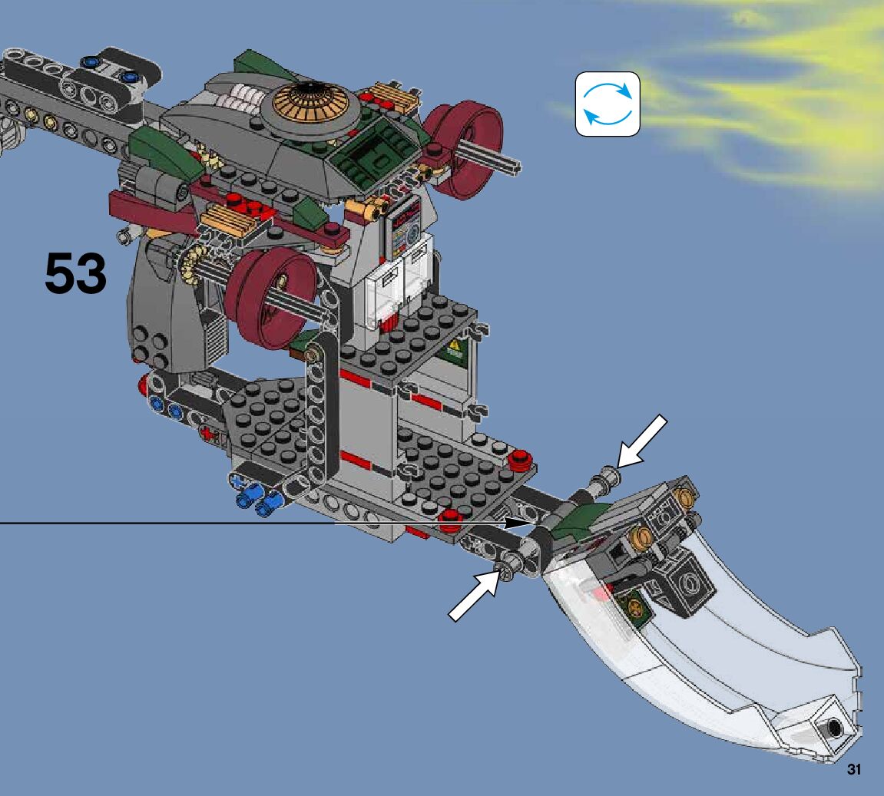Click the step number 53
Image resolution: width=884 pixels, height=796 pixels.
pos(75,273)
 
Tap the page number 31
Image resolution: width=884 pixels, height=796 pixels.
pos(853,770)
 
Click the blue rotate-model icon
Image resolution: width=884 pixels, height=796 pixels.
pos(608,104)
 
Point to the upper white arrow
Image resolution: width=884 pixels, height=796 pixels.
pos(641,442)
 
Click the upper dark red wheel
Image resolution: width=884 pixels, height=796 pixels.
pos(463,149)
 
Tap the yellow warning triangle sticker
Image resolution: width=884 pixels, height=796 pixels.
pos(455,345)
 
